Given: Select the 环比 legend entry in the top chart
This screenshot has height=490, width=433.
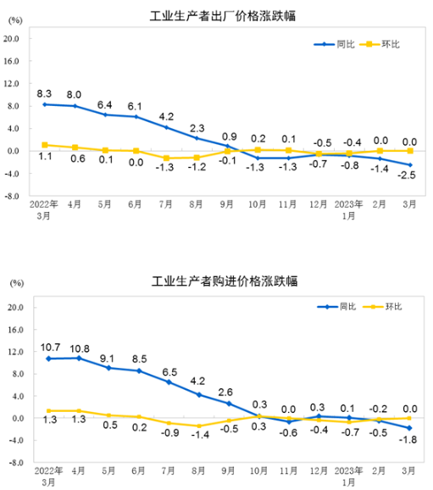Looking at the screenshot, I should (380, 44).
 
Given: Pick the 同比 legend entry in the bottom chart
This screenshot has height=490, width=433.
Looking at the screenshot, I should (336, 307).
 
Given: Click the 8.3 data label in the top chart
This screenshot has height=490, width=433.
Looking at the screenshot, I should (45, 92).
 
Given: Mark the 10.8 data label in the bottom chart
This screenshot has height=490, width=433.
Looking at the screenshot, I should (80, 348).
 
